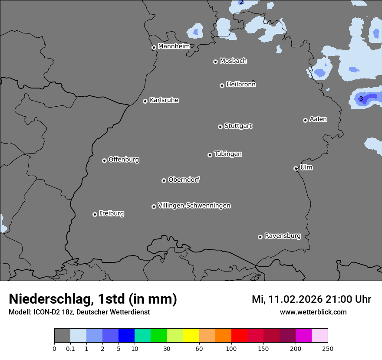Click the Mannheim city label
174,46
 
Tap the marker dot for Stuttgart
220,127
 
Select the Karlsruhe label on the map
164,100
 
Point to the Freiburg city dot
95,214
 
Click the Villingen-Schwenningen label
194,206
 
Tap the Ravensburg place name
283,236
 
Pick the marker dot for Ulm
296,168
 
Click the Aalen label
318,119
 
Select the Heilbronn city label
241,85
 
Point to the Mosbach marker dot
215,62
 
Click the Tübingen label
228,154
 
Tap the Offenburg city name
124,160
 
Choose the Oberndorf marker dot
164,180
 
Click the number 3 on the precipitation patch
361,99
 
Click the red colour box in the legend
239,336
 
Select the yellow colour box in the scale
191,336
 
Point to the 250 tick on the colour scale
328,348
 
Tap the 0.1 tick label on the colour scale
70,348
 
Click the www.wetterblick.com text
313,312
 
